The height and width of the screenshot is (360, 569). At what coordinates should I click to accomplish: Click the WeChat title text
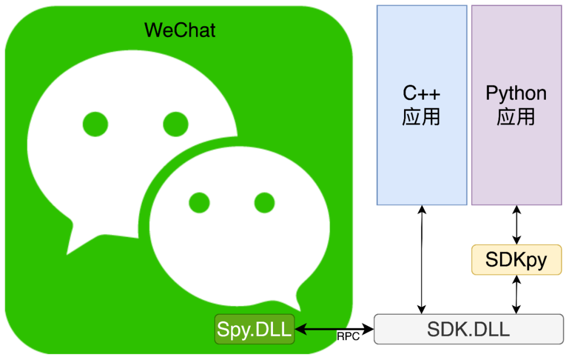point(180,30)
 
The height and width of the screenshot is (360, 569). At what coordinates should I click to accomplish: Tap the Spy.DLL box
point(254,329)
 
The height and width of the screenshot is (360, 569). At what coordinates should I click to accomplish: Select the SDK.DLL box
point(468,329)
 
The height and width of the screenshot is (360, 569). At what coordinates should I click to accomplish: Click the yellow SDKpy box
point(516,260)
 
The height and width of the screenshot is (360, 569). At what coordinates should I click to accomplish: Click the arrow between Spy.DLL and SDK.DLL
point(334,329)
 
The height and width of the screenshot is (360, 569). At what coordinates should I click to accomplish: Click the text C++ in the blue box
point(421,94)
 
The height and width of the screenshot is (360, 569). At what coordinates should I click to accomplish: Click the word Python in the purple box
point(516,94)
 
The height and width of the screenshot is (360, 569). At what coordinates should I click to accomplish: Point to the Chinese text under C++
point(421,117)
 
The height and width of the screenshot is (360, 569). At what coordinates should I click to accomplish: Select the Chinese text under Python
point(516,117)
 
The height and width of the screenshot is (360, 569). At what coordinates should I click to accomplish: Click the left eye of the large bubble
point(95,124)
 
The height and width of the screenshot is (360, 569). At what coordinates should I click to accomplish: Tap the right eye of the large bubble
point(175,124)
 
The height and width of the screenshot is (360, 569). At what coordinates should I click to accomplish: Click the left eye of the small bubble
point(199,202)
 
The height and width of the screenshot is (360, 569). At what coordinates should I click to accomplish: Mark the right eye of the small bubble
point(264,202)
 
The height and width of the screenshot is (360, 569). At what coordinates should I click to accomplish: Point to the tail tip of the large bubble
point(68,254)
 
